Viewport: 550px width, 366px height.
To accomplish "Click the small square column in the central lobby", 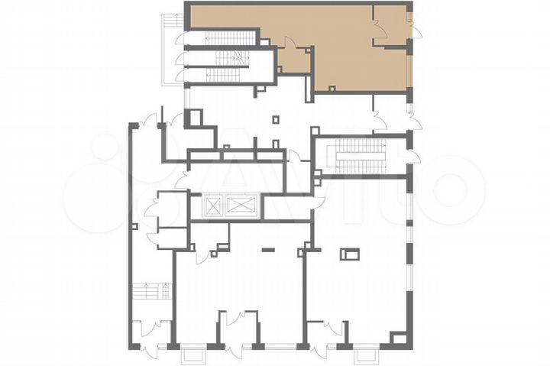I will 276,119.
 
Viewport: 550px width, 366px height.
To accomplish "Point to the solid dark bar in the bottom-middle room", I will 267,249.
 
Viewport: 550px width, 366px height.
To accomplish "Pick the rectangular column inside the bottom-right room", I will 351,254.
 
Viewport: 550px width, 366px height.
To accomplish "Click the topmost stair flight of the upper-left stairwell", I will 229,38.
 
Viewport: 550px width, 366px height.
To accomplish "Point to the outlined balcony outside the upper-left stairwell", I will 170,50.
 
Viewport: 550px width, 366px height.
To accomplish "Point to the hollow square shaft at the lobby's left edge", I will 193,118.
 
